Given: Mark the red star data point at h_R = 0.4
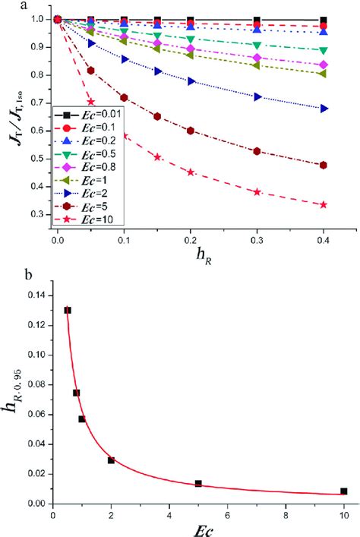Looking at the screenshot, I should (324, 205).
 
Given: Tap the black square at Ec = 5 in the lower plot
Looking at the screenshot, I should (198, 483).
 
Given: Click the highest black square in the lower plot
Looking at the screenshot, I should (68, 310).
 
